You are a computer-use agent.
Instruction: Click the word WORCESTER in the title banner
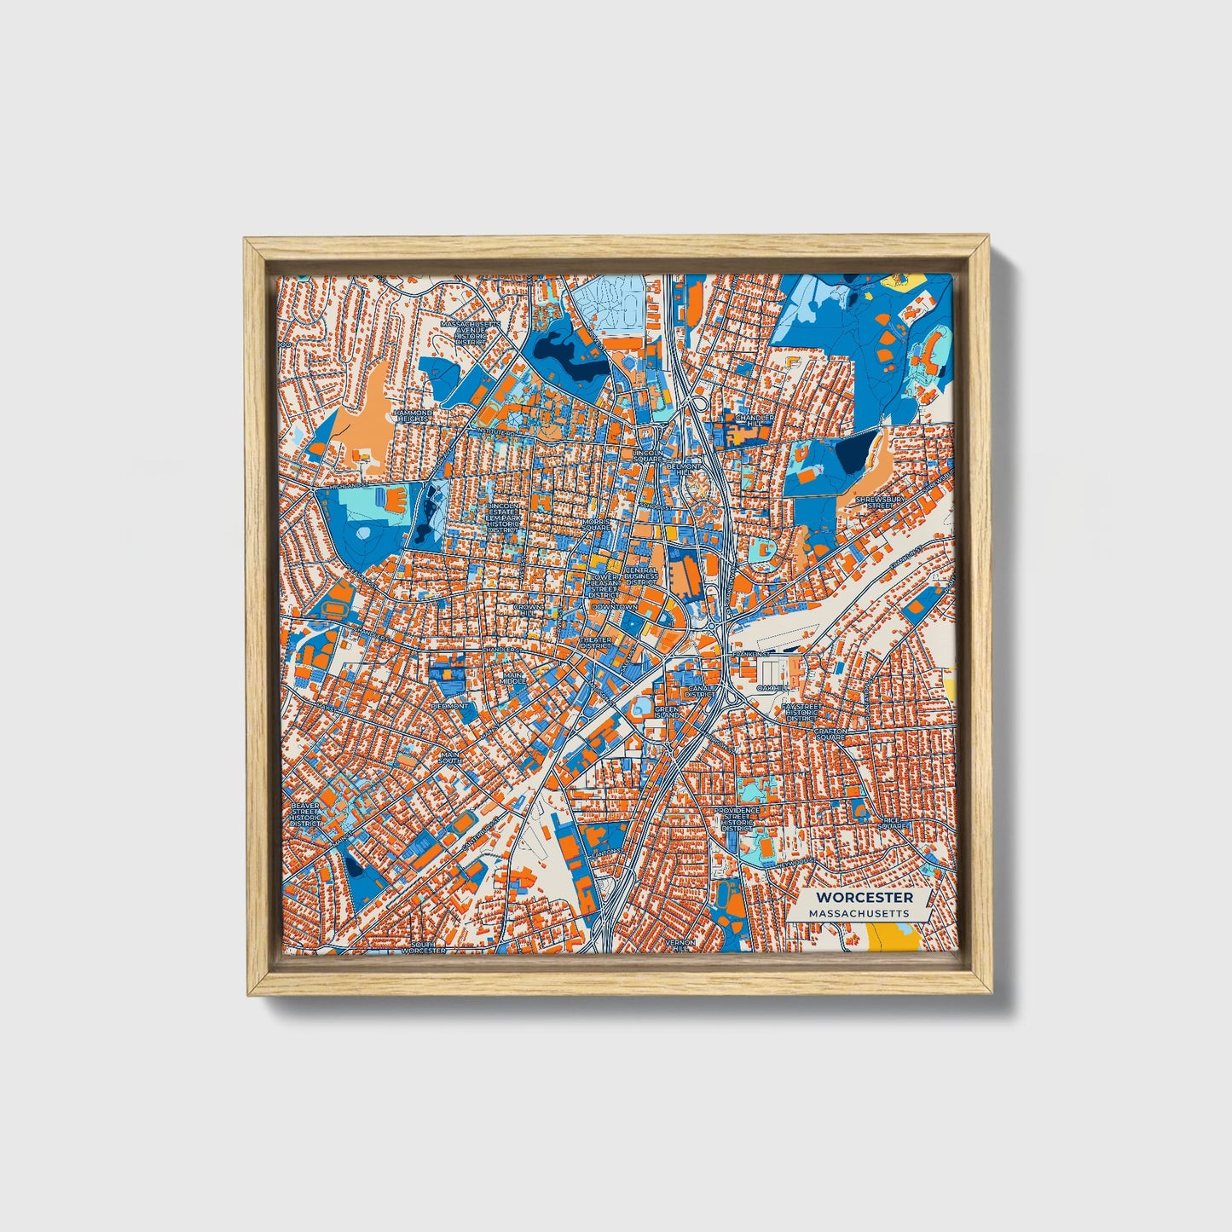[864, 897]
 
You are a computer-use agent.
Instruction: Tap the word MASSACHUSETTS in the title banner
[859, 913]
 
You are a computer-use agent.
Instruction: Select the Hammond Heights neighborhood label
[413, 416]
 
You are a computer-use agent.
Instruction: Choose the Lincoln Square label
[648, 455]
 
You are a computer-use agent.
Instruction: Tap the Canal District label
[700, 691]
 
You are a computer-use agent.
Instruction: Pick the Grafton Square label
[830, 734]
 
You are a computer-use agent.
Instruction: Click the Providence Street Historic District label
[734, 818]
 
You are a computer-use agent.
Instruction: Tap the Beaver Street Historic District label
[304, 814]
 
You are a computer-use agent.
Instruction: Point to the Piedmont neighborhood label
[450, 706]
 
